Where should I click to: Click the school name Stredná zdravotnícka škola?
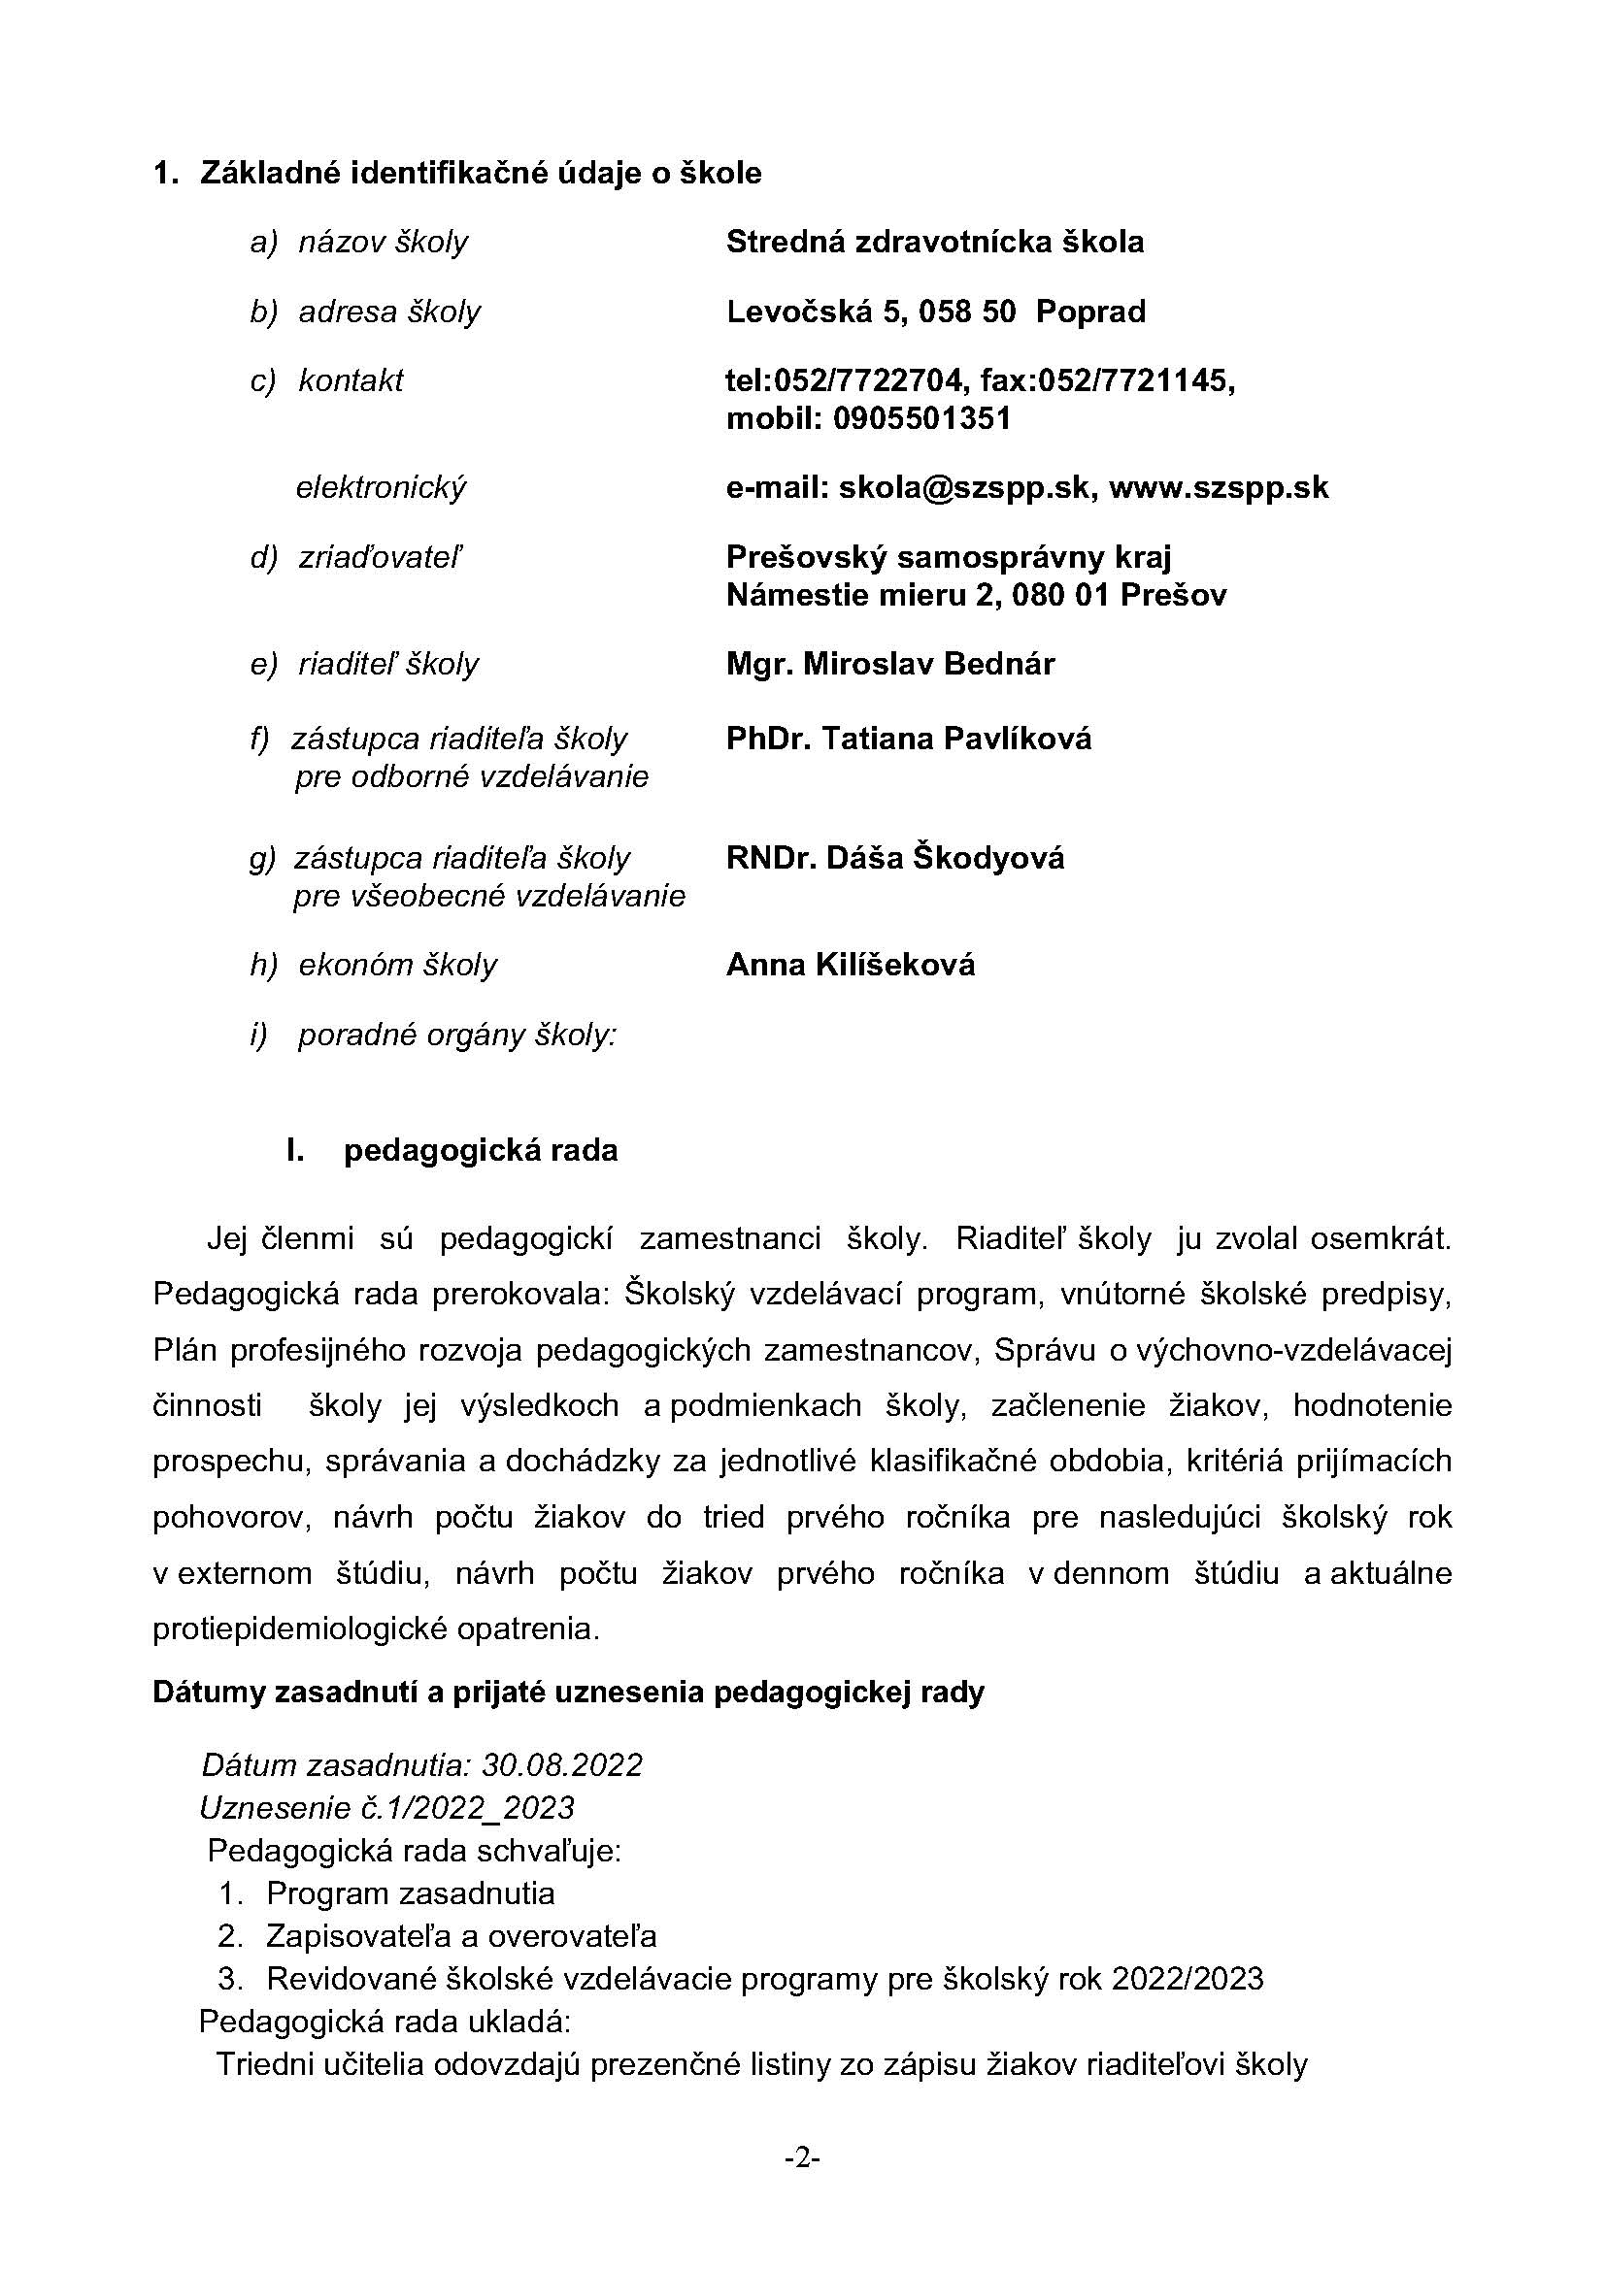pos(934,243)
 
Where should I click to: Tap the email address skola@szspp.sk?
pos(964,487)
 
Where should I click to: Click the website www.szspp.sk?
pos(1218,487)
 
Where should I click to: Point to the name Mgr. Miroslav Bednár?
pos(890,664)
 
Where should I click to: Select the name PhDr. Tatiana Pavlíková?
pos(909,739)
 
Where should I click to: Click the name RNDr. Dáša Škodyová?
pos(895,857)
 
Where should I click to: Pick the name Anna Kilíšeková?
pos(851,965)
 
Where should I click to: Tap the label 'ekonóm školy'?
pos(397,965)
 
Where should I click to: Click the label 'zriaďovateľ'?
pos(381,559)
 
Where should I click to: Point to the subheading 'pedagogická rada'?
pos(481,1151)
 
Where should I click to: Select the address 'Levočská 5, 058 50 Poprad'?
pos(935,313)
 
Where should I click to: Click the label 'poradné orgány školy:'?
pos(457,1036)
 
